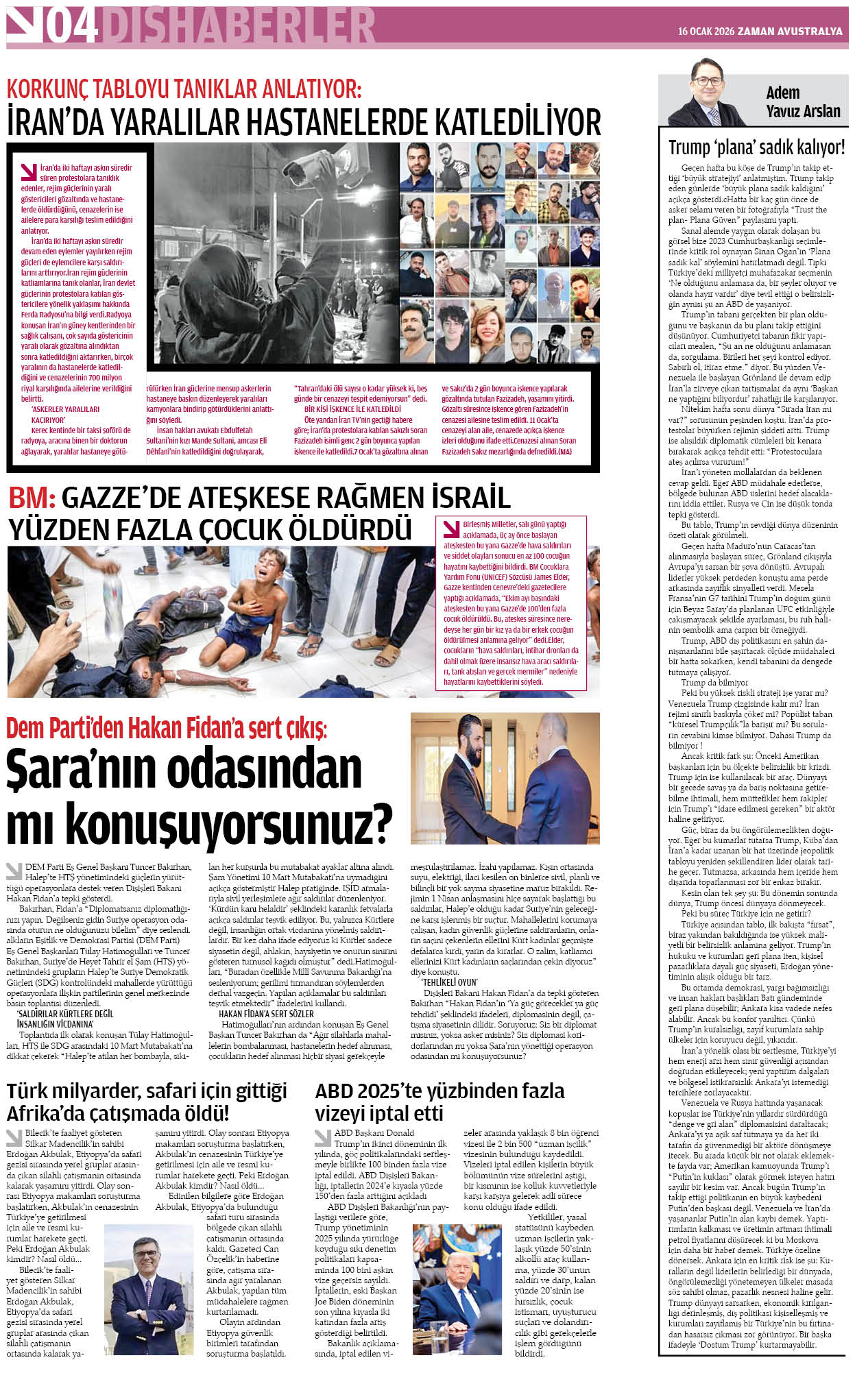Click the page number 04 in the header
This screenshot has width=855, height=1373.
point(72,26)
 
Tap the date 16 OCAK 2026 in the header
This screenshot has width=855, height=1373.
point(706,32)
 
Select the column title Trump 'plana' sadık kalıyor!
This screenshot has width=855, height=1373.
point(756,147)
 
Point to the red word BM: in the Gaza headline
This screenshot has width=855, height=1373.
point(32,498)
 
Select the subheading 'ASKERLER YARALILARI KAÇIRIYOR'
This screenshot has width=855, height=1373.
point(64,415)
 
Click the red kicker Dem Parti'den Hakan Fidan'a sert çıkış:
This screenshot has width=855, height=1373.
point(167,728)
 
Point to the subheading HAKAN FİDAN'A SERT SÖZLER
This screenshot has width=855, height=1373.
point(266,1014)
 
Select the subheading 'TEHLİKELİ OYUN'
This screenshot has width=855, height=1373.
point(450,982)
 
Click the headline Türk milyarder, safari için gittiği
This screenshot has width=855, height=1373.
point(147,1091)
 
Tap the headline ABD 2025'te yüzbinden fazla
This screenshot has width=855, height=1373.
point(439,1091)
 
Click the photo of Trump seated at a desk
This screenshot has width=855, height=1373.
point(457,1289)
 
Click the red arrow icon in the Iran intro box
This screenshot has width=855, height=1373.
point(29,171)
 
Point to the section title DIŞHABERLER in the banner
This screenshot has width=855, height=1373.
point(237,26)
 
